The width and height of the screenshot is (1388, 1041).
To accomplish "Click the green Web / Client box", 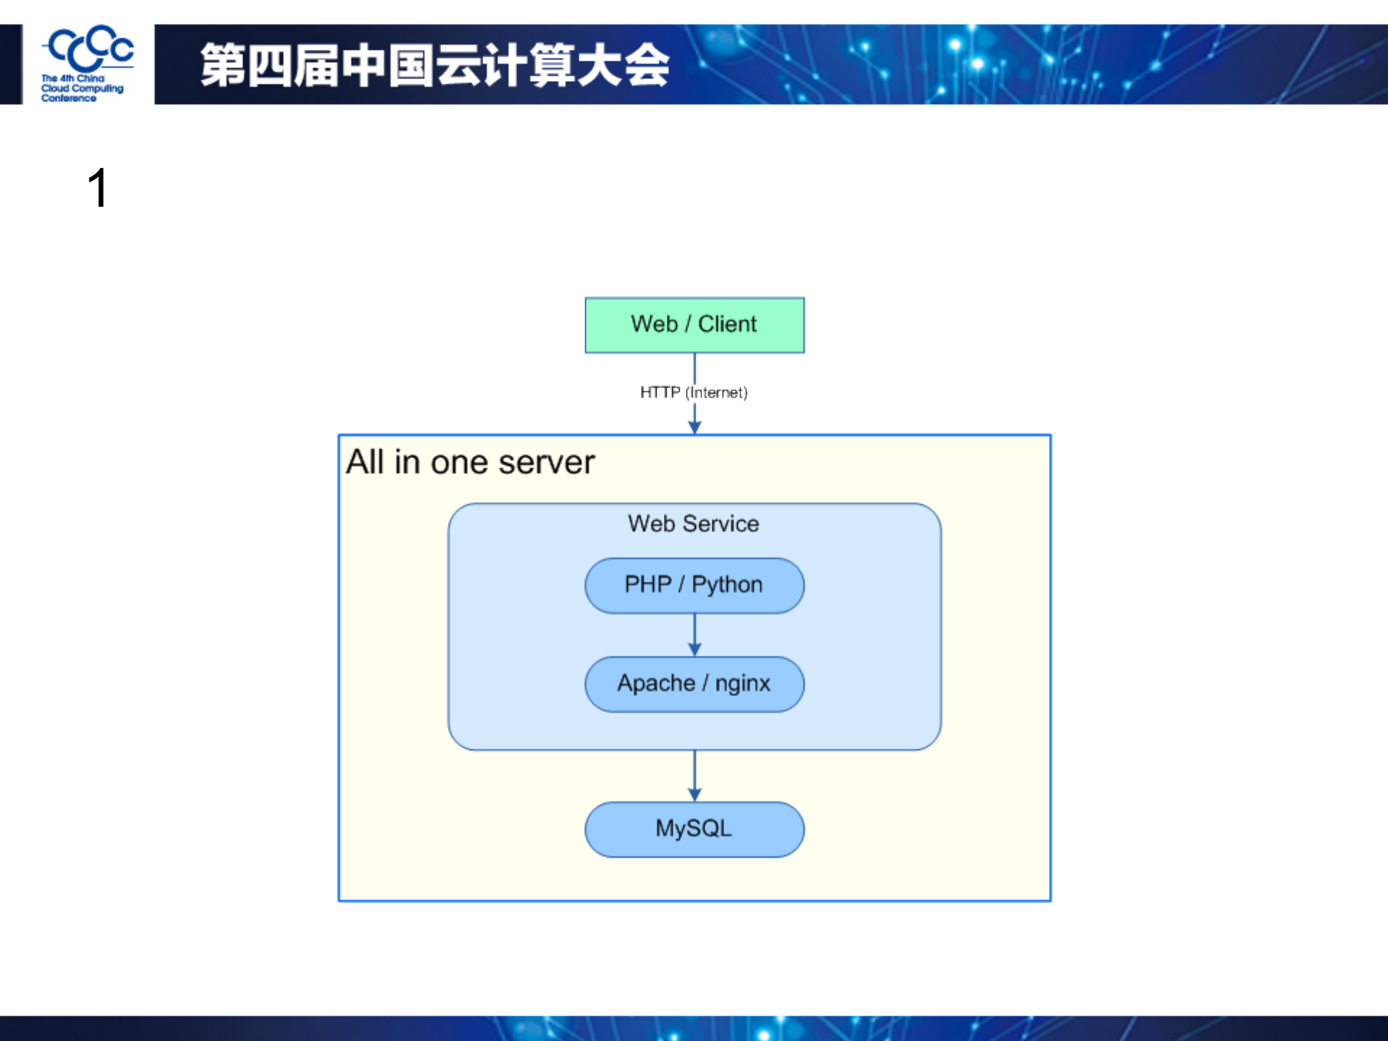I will (x=694, y=325).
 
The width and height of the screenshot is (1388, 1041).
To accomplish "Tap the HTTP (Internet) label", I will (x=694, y=392).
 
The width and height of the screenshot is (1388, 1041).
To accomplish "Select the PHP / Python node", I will (x=694, y=585).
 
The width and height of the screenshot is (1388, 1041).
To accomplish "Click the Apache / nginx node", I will (x=694, y=684).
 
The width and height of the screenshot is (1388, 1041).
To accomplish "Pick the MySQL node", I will (x=694, y=829).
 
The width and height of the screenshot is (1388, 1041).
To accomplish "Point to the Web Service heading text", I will (x=694, y=523).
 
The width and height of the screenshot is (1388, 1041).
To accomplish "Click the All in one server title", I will (x=470, y=462).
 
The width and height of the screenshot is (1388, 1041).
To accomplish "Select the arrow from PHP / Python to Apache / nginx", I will (x=694, y=634).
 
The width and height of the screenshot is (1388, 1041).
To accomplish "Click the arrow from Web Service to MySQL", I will (x=694, y=775).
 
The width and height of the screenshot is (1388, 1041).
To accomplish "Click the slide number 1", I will (x=98, y=188).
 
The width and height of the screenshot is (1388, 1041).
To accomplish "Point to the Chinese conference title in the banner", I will (x=435, y=65).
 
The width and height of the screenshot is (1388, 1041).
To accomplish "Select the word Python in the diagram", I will (x=727, y=585).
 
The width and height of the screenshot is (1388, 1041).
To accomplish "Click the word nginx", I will (x=743, y=684).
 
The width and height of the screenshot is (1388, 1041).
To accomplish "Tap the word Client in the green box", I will (x=727, y=324).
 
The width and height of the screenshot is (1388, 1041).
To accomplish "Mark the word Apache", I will (x=656, y=684).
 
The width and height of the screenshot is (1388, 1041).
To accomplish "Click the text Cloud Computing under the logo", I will (x=82, y=88).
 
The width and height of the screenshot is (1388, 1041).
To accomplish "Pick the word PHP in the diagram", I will (x=647, y=585).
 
